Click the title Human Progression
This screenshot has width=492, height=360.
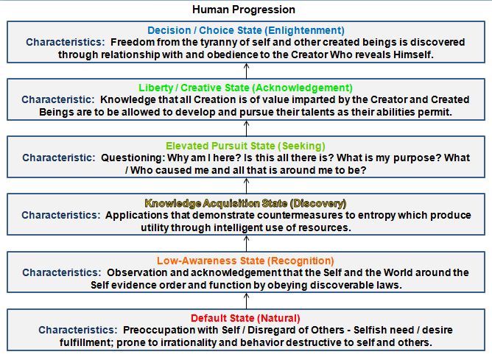(243, 10)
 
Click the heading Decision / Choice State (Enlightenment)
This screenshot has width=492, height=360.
(245, 30)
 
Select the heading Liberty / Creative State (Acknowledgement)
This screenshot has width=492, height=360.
(245, 87)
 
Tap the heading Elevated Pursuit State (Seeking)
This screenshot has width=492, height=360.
(245, 146)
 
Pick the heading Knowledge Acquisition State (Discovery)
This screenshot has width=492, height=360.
(245, 203)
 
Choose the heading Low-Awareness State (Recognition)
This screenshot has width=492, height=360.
(245, 261)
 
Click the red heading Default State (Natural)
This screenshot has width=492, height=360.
(245, 318)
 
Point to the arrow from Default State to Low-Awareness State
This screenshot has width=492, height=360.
(246, 301)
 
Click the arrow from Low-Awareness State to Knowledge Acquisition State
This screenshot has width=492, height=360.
(246, 244)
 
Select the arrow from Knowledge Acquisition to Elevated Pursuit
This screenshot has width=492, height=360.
(246, 186)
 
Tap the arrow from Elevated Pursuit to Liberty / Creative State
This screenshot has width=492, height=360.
(246, 128)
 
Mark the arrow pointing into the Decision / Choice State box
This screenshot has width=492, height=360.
(246, 71)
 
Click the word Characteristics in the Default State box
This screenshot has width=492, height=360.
(77, 331)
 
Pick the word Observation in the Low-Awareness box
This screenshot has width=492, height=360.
(138, 272)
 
